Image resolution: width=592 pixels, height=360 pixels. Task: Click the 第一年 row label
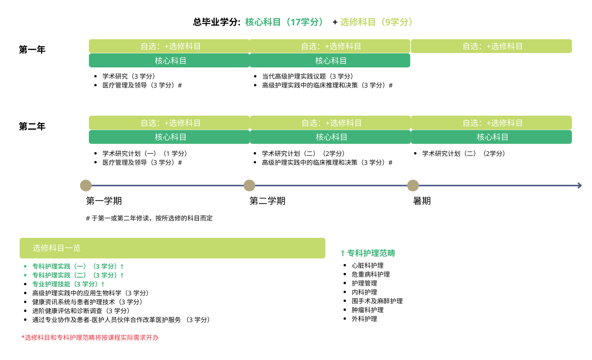32,50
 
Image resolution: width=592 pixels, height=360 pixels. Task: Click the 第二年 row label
32,126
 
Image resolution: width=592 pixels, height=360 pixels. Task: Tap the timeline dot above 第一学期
86,185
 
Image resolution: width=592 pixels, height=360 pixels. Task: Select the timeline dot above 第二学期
249,185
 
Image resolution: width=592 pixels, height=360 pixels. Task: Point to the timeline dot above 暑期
413,185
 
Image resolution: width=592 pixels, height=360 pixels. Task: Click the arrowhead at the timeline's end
580,185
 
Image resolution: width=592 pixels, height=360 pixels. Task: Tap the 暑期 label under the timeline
422,201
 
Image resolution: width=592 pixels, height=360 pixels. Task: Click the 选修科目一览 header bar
172,248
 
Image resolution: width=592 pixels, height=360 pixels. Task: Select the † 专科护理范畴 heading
368,253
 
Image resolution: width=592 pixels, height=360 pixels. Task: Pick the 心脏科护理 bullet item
367,265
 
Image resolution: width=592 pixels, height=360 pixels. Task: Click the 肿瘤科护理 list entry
367,310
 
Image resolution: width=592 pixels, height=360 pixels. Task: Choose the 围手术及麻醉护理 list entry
377,301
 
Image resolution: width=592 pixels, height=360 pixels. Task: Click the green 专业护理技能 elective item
68,284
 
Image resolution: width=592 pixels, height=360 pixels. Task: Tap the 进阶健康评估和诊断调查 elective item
81,311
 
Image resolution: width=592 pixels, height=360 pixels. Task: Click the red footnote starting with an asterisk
90,338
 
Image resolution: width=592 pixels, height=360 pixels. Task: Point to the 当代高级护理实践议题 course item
307,76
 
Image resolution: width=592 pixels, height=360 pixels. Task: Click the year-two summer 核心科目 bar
491,137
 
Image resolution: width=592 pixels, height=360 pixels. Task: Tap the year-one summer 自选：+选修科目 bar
491,46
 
